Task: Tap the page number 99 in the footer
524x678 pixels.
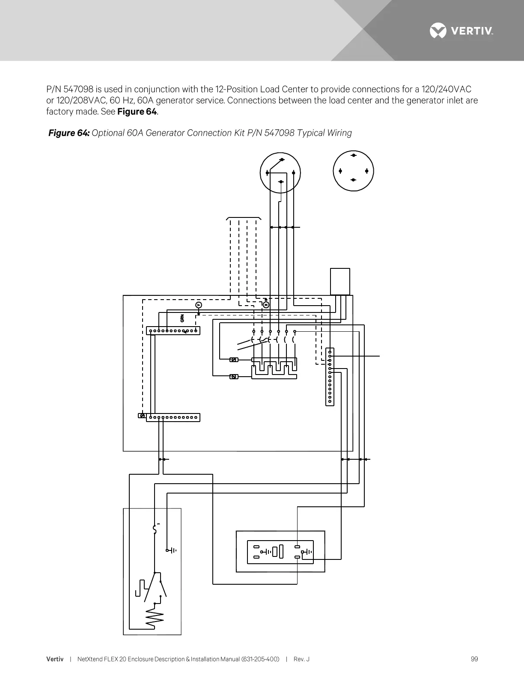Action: click(474, 659)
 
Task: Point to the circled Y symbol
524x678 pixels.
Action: click(198, 305)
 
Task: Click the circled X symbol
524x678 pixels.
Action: click(266, 305)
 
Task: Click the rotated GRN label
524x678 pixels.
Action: click(182, 318)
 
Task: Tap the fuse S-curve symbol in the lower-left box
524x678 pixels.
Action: click(155, 530)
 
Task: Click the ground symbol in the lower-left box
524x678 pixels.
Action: click(172, 550)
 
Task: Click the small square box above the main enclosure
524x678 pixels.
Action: click(340, 281)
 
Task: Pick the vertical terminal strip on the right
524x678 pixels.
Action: click(330, 377)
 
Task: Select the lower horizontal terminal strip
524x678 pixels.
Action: click(173, 417)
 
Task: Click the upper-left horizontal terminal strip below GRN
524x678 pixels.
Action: click(173, 330)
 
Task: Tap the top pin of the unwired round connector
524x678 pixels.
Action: click(354, 155)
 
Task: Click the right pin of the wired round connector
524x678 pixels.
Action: click(294, 172)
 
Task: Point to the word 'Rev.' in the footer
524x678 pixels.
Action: click(299, 659)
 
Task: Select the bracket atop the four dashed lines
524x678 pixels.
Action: click(243, 218)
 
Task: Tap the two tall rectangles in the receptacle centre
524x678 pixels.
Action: click(278, 552)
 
